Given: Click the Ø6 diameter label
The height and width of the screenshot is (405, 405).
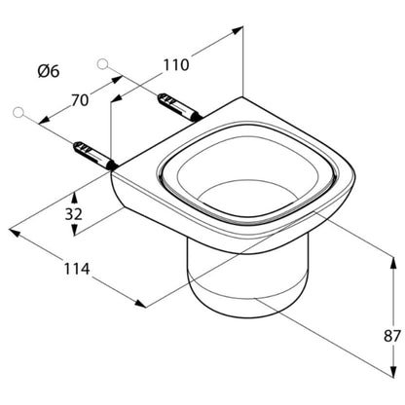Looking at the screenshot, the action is (49, 71).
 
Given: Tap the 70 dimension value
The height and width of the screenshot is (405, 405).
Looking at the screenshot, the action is (80, 100).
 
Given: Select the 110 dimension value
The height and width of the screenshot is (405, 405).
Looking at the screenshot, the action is (175, 65).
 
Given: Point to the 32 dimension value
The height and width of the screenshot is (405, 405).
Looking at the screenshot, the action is (74, 214).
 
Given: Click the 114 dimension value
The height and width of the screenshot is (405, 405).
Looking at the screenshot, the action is (76, 269).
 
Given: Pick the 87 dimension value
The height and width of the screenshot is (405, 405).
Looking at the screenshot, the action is (392, 336).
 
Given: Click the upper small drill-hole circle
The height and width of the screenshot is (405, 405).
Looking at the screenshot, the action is (102, 64).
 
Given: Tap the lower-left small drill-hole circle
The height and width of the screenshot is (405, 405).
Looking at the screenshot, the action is (18, 112).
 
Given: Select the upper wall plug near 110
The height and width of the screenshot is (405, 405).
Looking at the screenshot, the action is (179, 107).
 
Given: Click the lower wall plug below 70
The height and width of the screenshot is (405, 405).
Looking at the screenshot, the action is (94, 155).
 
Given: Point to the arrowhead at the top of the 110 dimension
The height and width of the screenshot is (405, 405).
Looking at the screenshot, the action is (238, 30).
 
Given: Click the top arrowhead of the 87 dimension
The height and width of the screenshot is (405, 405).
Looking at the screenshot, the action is (393, 262).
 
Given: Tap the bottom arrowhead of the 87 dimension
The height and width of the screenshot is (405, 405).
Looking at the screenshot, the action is (393, 372).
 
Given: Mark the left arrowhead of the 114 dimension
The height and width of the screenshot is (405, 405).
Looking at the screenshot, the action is (15, 233).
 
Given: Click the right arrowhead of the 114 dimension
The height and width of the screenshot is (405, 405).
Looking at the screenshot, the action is (140, 304).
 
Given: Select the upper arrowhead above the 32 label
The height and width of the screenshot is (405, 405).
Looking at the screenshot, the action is (74, 198).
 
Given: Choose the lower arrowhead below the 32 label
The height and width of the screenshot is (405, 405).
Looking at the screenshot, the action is (74, 230).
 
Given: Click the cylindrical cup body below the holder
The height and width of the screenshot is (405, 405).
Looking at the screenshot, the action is (235, 280).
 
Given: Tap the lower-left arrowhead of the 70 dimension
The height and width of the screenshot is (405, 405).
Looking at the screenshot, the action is (44, 121).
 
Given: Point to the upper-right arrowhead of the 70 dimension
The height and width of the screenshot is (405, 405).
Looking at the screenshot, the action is (117, 80).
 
